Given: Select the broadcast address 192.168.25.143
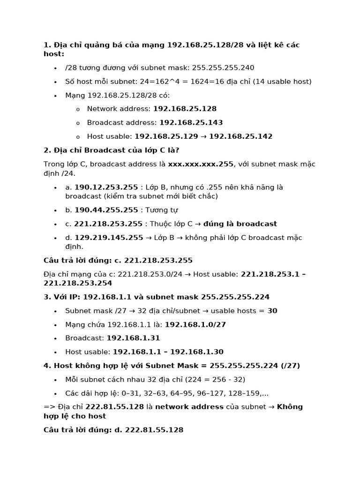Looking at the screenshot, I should click(x=191, y=123).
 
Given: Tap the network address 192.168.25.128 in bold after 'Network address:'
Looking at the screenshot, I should click(x=185, y=109).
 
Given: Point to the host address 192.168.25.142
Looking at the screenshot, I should click(x=240, y=137).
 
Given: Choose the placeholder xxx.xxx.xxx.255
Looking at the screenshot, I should click(x=201, y=164).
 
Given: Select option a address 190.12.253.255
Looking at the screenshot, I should click(x=106, y=187).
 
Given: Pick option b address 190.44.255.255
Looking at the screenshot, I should click(x=106, y=210).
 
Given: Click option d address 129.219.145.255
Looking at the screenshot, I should click(x=109, y=238).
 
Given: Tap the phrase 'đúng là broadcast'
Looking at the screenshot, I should click(x=244, y=224).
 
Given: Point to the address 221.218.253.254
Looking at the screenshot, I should click(x=78, y=283).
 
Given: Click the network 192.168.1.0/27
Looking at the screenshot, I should click(x=195, y=324).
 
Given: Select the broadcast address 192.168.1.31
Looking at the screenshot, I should click(x=134, y=338).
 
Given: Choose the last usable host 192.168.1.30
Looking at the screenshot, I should click(x=197, y=352).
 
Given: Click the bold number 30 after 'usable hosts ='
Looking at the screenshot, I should click(x=272, y=311).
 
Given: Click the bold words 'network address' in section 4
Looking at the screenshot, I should click(x=189, y=407).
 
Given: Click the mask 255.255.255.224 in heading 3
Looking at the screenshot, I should click(x=235, y=297).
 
